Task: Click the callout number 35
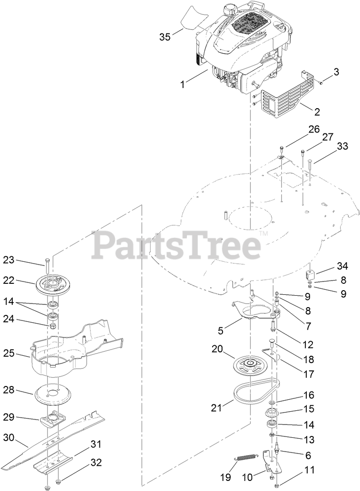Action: [x=164, y=37]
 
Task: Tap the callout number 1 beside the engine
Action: [x=183, y=84]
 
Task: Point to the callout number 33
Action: [x=342, y=147]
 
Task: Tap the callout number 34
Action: [x=342, y=265]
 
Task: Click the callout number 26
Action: [x=313, y=129]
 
